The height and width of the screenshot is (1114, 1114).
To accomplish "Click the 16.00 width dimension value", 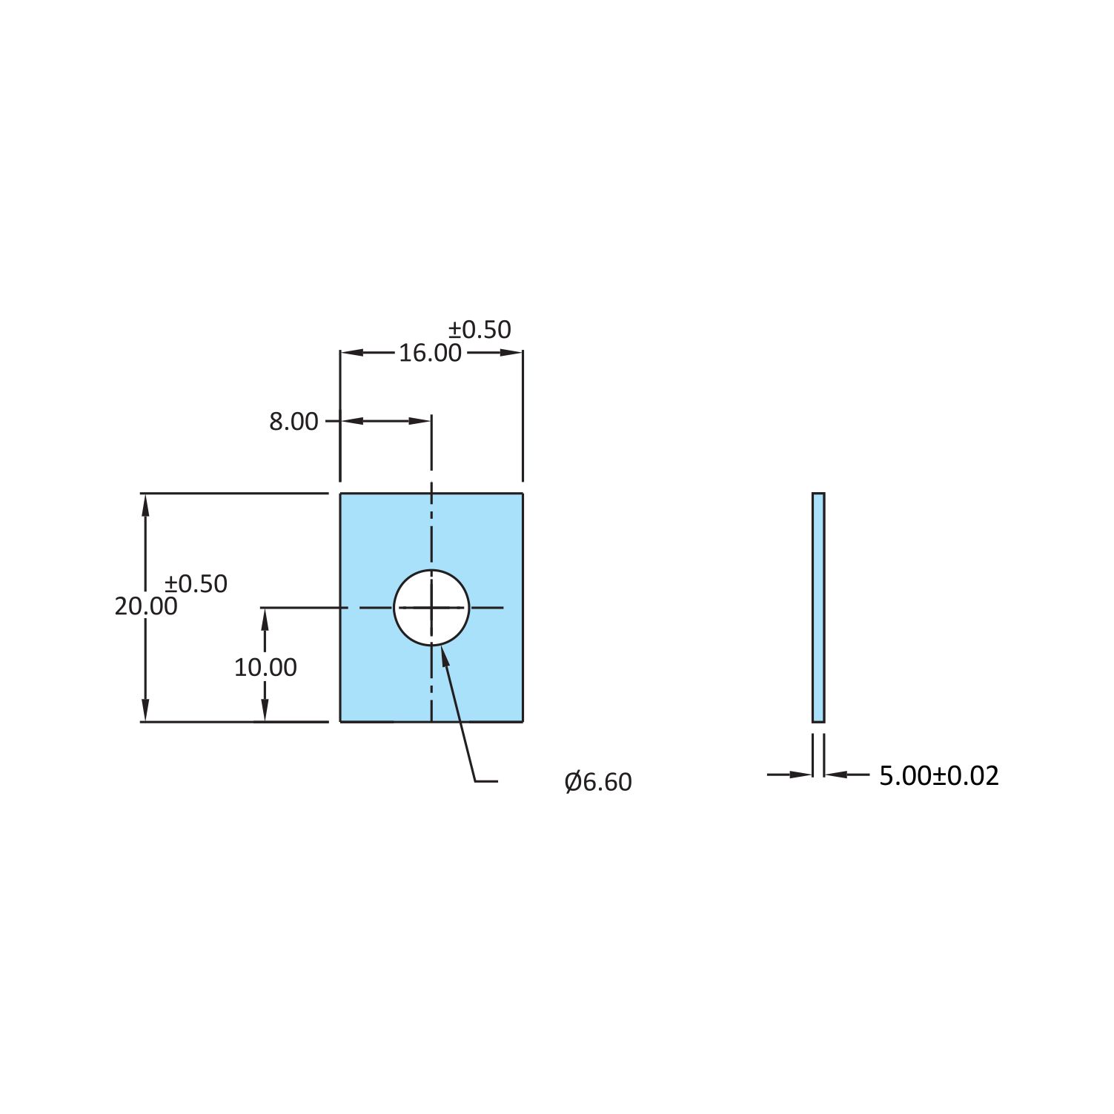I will click(x=430, y=353).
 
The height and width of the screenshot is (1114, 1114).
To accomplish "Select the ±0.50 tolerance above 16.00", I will click(x=480, y=329).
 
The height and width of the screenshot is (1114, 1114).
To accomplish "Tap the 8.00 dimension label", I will click(x=294, y=422).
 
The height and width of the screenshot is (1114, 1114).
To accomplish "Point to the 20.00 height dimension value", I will click(x=146, y=606).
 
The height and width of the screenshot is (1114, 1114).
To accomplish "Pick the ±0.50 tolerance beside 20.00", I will click(x=196, y=584).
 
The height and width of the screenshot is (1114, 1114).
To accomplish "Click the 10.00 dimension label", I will click(x=265, y=668).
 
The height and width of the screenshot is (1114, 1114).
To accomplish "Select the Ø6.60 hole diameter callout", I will click(x=597, y=782).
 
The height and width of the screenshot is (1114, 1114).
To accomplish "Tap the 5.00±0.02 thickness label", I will click(x=939, y=776).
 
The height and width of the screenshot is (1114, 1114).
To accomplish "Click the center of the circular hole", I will click(x=431, y=608).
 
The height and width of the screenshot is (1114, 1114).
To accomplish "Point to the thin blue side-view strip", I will click(x=818, y=607).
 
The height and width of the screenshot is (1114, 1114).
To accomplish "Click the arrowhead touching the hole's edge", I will click(x=444, y=655).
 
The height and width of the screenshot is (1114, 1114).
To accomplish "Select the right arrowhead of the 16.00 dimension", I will click(x=512, y=353).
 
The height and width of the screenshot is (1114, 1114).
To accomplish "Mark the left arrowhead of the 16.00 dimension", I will click(x=351, y=353).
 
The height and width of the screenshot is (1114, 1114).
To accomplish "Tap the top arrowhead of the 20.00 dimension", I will click(x=146, y=505).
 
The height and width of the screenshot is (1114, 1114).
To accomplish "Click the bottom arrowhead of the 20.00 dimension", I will click(x=146, y=710).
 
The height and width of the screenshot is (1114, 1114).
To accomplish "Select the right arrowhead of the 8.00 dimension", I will click(x=420, y=421).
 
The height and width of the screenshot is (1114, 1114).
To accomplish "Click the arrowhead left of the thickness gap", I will click(x=802, y=775).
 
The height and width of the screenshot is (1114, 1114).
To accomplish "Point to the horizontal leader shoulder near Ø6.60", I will click(x=486, y=781).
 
